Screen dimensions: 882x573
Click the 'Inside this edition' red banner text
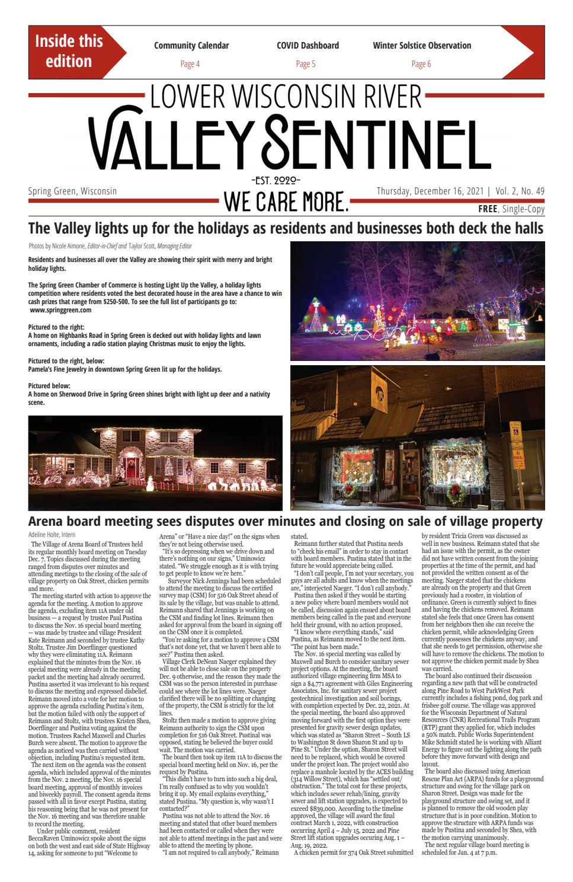[69, 52]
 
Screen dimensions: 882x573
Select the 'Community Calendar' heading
[191, 46]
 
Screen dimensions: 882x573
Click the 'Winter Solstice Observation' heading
[422, 46]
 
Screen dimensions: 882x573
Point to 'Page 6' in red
[421, 64]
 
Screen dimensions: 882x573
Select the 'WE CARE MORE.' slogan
[286, 203]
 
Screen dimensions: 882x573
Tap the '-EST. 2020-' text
[276, 180]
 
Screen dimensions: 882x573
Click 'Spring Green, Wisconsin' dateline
[72, 191]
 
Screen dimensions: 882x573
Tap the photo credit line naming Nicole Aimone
[110, 246]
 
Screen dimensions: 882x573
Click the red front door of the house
[132, 464]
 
